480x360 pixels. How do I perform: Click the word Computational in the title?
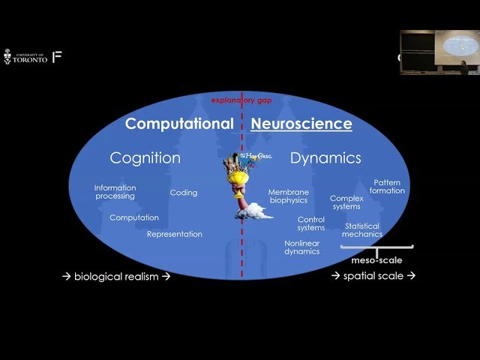point(180,124)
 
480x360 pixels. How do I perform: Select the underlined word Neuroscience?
point(301,124)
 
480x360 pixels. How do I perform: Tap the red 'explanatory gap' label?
point(241,99)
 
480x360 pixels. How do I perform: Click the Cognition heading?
point(145,157)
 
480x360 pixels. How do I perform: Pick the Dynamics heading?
point(325,157)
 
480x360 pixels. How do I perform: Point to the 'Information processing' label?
point(115,192)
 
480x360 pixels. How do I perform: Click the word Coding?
point(184,193)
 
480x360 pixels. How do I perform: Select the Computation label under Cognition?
point(134,217)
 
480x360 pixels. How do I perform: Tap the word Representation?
point(175,234)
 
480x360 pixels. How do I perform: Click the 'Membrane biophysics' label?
point(289,196)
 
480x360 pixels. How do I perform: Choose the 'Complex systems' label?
point(346,202)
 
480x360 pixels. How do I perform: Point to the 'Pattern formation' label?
point(388,186)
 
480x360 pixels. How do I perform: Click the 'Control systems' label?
point(310,223)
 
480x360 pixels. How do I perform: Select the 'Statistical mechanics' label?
point(362,229)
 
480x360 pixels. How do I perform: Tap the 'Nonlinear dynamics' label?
point(302,247)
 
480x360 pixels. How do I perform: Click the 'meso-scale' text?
point(376,260)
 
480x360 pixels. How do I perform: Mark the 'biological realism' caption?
point(116,276)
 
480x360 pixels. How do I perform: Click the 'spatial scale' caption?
point(373,276)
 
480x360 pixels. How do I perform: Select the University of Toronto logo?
point(25,57)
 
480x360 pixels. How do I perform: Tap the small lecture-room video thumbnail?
point(439,52)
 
